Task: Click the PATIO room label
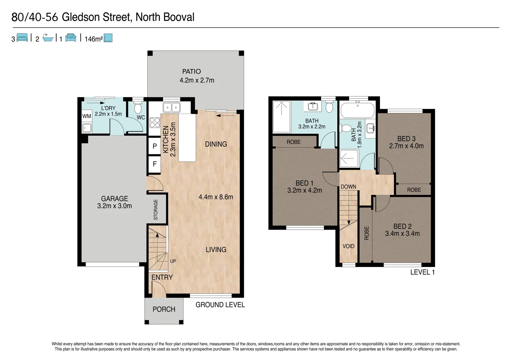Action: (x=191, y=71)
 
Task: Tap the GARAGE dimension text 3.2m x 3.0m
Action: (x=114, y=206)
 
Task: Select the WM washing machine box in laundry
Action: (x=87, y=116)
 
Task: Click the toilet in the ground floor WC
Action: (x=138, y=107)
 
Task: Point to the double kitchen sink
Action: (x=171, y=108)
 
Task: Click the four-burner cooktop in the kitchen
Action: (x=155, y=122)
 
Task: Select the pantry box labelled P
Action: (x=155, y=146)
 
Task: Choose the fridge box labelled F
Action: (x=155, y=164)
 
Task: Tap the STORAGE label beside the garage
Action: (x=156, y=210)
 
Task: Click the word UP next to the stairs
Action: (x=173, y=261)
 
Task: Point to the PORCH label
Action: (x=164, y=309)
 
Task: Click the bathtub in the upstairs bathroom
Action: (x=358, y=110)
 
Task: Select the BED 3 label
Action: (x=406, y=139)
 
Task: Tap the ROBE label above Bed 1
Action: (x=293, y=142)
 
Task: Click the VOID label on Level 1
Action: (x=348, y=246)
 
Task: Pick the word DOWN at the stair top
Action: (x=348, y=187)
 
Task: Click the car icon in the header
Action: (x=71, y=38)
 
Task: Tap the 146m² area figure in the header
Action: (x=94, y=39)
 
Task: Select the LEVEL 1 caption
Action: (x=422, y=272)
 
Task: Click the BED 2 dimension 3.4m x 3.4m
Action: (x=402, y=234)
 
